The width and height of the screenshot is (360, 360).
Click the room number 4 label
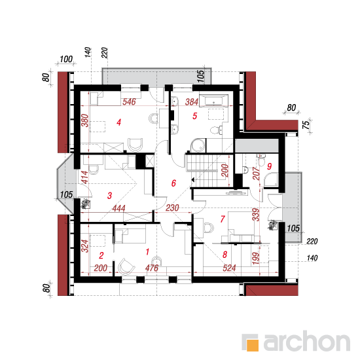tap(118, 122)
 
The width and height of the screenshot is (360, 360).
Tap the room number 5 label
tap(194, 116)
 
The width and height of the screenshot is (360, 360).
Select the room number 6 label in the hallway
tap(173, 183)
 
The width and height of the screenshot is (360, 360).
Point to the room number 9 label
tap(269, 166)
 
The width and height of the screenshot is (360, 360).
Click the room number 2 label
tap(101, 255)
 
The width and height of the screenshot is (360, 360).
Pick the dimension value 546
tap(129, 101)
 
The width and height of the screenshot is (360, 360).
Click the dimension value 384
tap(192, 101)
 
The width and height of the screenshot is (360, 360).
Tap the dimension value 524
tap(229, 268)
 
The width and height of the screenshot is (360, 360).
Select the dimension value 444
tap(118, 208)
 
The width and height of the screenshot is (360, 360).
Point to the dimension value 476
tap(152, 268)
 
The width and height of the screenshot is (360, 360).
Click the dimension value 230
tap(172, 208)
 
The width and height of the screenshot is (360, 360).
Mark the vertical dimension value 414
tap(84, 177)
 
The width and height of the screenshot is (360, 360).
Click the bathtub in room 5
tap(214, 100)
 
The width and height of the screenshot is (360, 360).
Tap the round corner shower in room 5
tap(198, 145)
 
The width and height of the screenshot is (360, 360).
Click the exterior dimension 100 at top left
tap(66, 59)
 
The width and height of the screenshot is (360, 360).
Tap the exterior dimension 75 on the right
tap(306, 125)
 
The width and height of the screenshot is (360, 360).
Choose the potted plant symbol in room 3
tap(85, 204)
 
